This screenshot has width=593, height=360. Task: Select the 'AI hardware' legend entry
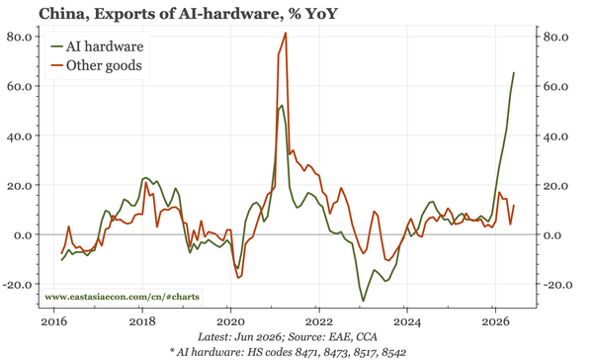point(98,46)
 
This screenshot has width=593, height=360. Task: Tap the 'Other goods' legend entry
point(97,65)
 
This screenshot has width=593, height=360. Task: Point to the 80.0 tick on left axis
point(22,37)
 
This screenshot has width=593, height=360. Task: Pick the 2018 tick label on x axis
point(142,321)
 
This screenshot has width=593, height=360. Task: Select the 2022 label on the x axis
point(319,321)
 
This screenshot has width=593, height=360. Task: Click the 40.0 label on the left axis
point(22,135)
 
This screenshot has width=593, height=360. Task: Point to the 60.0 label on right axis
point(555,86)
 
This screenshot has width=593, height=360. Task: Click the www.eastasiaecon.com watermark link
point(122,297)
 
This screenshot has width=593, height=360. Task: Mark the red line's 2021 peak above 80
point(286,33)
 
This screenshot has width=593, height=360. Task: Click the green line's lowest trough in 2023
point(364,302)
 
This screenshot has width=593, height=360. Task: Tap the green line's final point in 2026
point(514,72)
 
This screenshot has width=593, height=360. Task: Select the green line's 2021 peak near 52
point(282,105)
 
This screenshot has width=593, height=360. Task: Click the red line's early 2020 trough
point(238,278)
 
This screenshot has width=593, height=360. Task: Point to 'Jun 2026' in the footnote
point(258,337)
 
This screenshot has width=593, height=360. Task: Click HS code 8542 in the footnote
point(392,352)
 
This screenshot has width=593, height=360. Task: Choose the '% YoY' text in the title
point(311,14)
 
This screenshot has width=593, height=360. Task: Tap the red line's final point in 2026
point(514,205)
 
